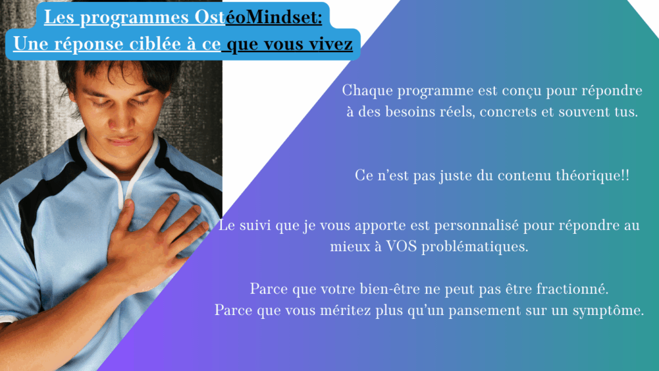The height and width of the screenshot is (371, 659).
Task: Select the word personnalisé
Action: (x=476, y=226)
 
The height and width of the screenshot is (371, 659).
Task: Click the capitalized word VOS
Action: (x=402, y=247)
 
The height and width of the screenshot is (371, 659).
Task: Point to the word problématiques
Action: (x=474, y=247)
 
